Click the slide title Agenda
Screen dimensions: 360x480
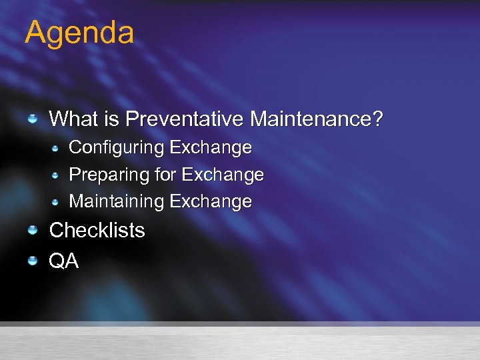[79, 33]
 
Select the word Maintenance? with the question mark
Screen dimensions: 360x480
[317, 119]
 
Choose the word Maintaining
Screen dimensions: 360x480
[117, 201]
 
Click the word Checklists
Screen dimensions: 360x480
[97, 231]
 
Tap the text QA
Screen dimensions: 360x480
[64, 261]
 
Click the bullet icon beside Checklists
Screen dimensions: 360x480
[32, 230]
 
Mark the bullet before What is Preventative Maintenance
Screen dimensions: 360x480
[32, 119]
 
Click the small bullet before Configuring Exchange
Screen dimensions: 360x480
[56, 147]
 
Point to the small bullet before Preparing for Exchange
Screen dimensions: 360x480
[56, 175]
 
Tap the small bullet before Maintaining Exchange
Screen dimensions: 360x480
[56, 201]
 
